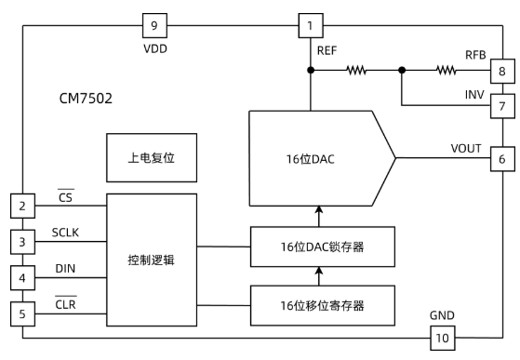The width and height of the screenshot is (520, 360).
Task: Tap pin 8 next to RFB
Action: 501,70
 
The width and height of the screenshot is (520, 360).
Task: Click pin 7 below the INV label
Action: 501,106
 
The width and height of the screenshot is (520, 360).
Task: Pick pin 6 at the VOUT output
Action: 501,158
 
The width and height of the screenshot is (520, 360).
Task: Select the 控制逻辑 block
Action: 151,260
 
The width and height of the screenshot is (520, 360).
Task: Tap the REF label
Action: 327,51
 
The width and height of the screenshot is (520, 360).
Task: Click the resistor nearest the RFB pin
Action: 447,70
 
